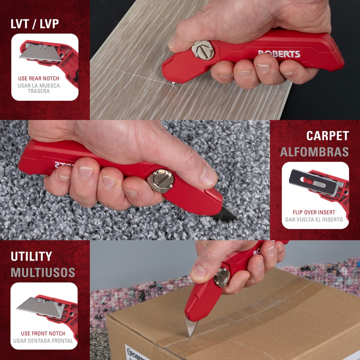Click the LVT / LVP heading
pyautogui.click(x=35, y=24)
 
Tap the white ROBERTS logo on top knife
pyautogui.click(x=279, y=54)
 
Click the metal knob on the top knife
pyautogui.click(x=203, y=50)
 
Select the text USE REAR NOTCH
pyautogui.click(x=39, y=78)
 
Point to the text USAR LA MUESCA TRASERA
pyautogui.click(x=39, y=88)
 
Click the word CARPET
pyautogui.click(x=327, y=136)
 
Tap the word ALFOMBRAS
pyautogui.click(x=314, y=152)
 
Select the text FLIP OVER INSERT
pyautogui.click(x=314, y=212)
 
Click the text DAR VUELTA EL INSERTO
pyautogui.click(x=314, y=220)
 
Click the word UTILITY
pyautogui.click(x=31, y=256)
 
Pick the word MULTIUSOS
pyautogui.click(x=43, y=272)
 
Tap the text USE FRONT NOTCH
pyautogui.click(x=43, y=333)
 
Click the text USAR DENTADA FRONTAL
pyautogui.click(x=43, y=341)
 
